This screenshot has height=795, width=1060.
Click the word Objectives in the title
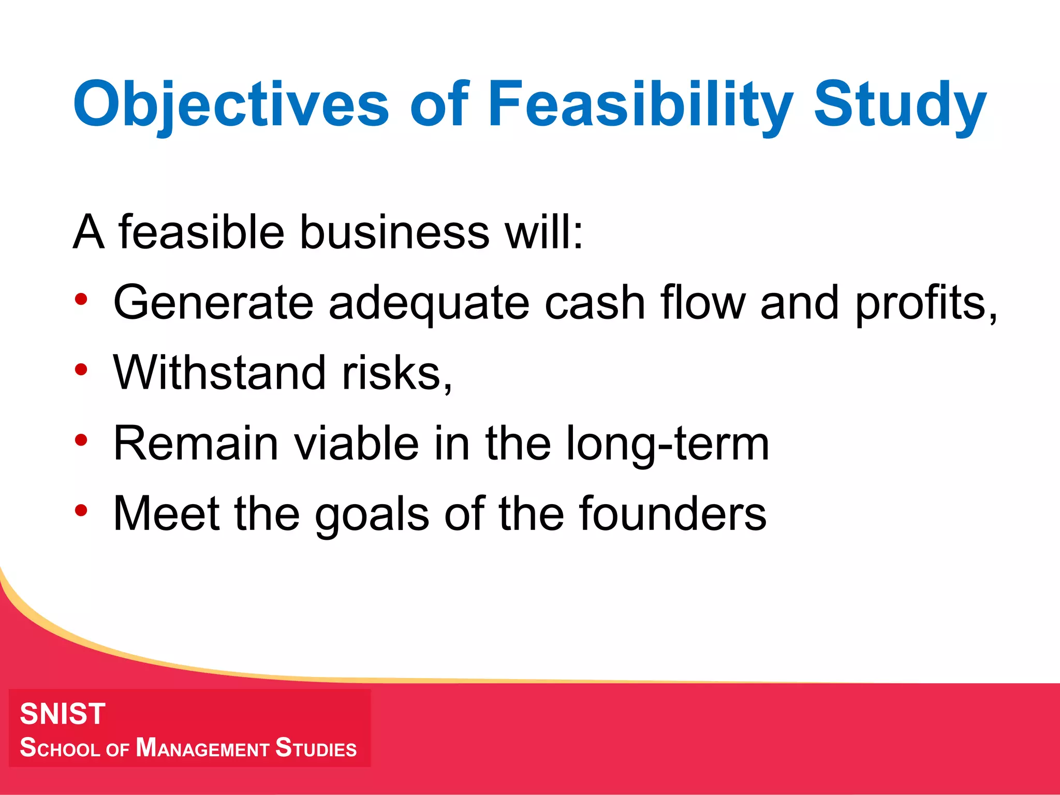tap(230, 105)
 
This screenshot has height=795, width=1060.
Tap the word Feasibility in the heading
tap(640, 105)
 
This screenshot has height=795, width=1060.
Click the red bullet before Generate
tap(81, 299)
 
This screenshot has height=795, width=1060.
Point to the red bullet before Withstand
tap(81, 370)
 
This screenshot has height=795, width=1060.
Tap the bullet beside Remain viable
tap(81, 440)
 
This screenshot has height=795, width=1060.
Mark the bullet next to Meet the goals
tap(81, 510)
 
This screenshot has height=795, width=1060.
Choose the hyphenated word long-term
tap(668, 444)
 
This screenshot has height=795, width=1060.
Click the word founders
tap(673, 513)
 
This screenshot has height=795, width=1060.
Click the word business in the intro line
tap(394, 232)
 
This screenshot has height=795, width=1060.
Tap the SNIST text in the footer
tap(63, 714)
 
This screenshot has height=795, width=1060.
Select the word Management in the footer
tap(202, 748)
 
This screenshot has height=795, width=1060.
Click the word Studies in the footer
tap(316, 748)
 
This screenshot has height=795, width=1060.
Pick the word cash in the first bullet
tap(595, 302)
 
